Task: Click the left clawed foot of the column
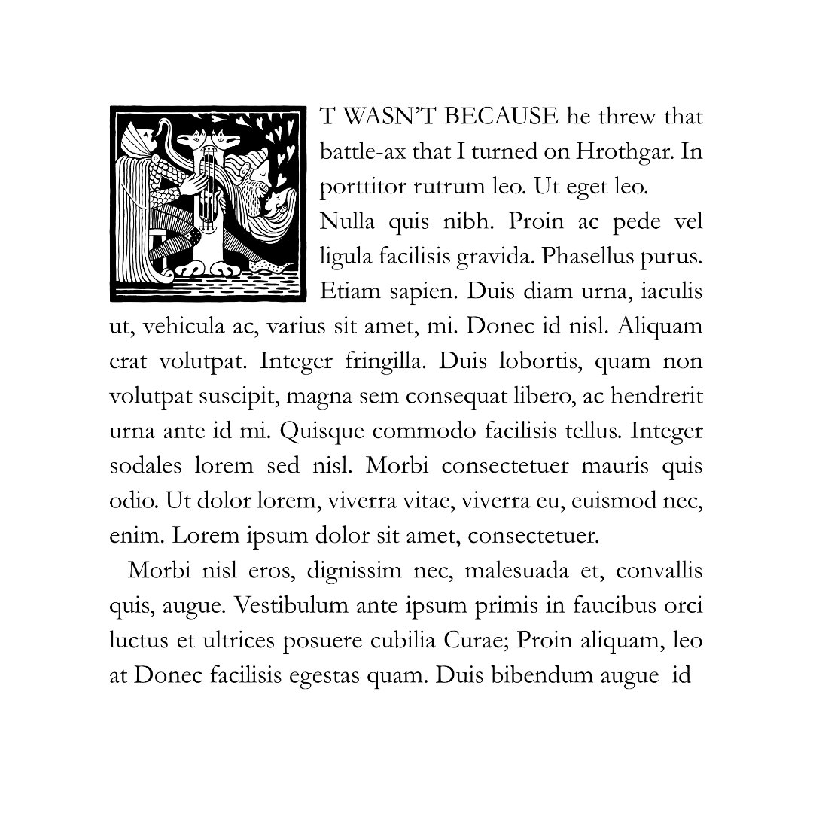pos(194,267)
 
